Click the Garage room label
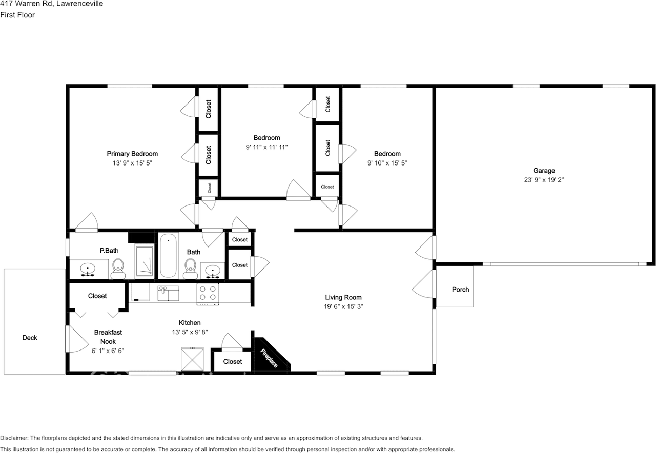click(544, 171)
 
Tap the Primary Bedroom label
click(132, 154)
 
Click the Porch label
click(460, 290)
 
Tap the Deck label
click(30, 338)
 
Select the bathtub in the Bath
click(168, 255)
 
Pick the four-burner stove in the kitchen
click(208, 293)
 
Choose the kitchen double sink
click(168, 294)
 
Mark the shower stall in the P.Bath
click(144, 261)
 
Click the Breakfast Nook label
click(108, 337)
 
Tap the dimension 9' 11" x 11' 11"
click(266, 147)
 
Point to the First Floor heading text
click(17, 15)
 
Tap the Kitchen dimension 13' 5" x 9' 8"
click(189, 332)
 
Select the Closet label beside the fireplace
click(232, 362)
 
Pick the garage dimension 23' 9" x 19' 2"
click(544, 180)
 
